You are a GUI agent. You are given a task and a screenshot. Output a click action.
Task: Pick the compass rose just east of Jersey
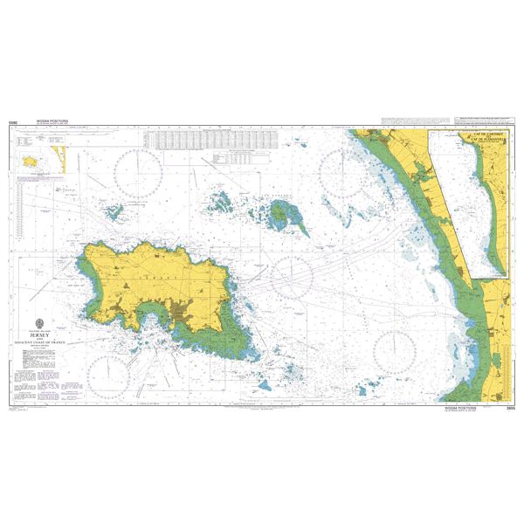coord(292,278)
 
